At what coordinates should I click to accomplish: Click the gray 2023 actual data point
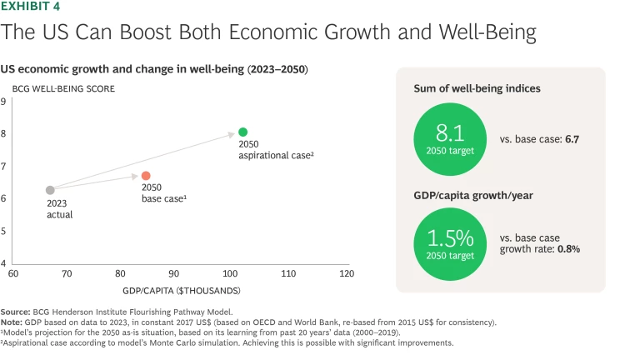(x=50, y=190)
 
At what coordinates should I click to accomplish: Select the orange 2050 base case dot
(x=146, y=176)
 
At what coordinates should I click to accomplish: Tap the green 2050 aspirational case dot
(x=242, y=132)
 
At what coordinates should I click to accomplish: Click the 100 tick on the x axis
(x=230, y=273)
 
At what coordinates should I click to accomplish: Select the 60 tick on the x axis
(x=13, y=273)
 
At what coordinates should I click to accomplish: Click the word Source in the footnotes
(x=15, y=312)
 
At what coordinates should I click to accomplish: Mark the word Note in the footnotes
(x=12, y=321)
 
